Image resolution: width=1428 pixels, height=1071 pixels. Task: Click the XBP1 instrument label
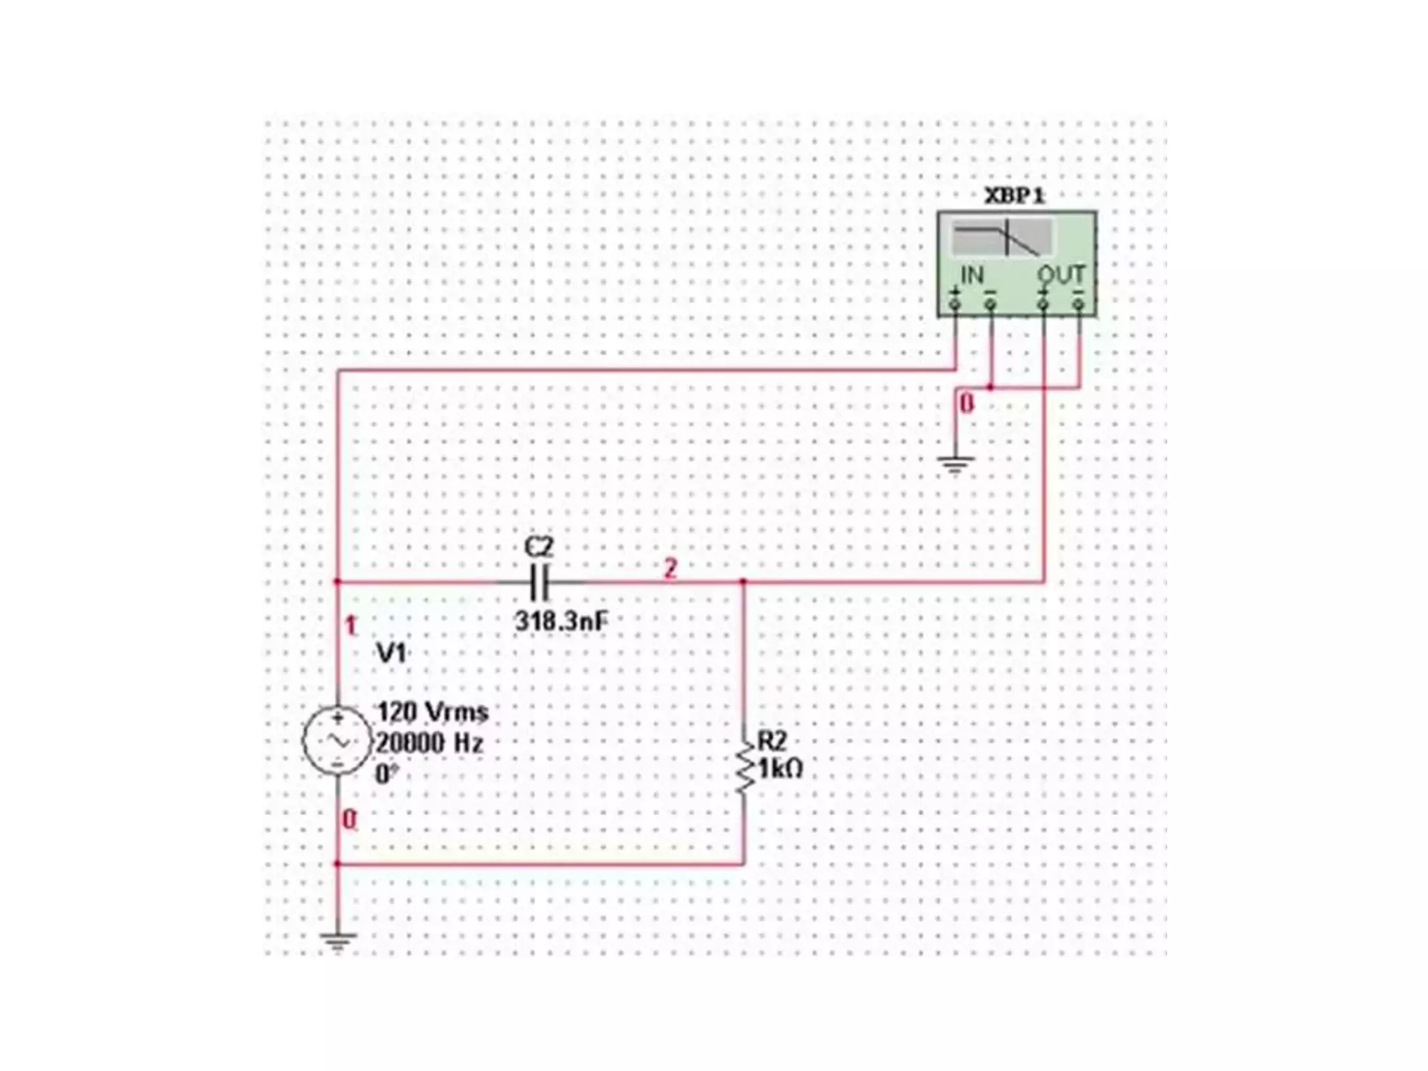pyautogui.click(x=1015, y=196)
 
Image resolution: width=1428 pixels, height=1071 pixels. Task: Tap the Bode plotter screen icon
pyautogui.click(x=1002, y=238)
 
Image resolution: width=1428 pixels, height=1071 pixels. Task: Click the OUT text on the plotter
pyautogui.click(x=1061, y=275)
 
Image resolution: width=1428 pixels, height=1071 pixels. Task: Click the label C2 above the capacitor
pyautogui.click(x=538, y=547)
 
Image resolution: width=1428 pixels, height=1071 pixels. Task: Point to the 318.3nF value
pyautogui.click(x=561, y=621)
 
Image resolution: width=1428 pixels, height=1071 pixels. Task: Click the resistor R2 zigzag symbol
pyautogui.click(x=744, y=767)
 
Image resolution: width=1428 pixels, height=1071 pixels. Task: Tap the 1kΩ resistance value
pyautogui.click(x=781, y=769)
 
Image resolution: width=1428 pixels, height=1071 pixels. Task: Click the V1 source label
pyautogui.click(x=391, y=653)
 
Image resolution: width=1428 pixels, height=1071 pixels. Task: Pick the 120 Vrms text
pyautogui.click(x=432, y=712)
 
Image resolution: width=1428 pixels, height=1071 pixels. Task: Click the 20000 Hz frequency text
pyautogui.click(x=430, y=743)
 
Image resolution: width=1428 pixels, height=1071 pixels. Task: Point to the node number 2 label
pyautogui.click(x=670, y=568)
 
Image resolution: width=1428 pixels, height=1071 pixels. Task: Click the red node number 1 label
pyautogui.click(x=351, y=626)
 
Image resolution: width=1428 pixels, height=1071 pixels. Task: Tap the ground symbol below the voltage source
pyautogui.click(x=337, y=942)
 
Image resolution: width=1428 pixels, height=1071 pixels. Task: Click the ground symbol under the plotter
pyautogui.click(x=955, y=464)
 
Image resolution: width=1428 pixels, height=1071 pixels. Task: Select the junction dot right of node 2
pyautogui.click(x=743, y=581)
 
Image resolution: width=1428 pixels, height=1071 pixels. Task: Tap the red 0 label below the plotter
pyautogui.click(x=966, y=403)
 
